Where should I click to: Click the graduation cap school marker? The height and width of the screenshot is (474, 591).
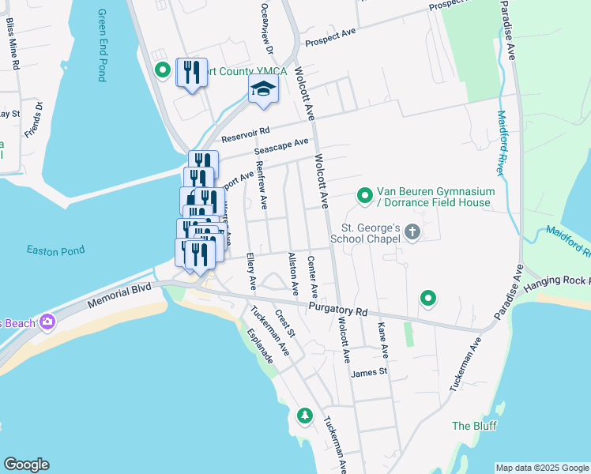[x=264, y=89]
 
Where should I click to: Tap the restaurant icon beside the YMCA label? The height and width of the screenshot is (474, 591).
[x=191, y=73]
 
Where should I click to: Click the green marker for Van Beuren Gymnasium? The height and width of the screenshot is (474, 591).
[x=365, y=194]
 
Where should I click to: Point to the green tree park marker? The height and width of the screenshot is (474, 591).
[x=304, y=415]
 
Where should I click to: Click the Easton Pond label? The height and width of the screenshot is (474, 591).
[x=55, y=250]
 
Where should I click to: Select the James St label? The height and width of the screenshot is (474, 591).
[x=370, y=372]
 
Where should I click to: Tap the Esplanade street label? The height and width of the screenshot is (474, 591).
[x=259, y=346]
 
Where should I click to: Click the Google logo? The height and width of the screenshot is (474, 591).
[x=26, y=465]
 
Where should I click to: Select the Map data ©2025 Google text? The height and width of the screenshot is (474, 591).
[x=542, y=468]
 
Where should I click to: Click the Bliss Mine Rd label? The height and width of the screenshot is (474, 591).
[x=13, y=47]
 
